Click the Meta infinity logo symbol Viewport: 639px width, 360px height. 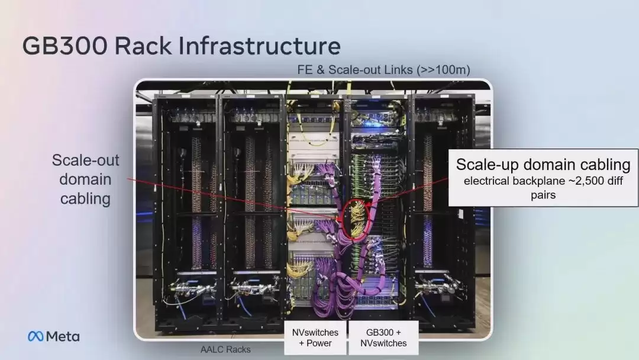pos(35,336)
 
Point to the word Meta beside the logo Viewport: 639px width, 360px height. pos(63,336)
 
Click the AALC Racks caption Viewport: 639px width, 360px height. pos(225,349)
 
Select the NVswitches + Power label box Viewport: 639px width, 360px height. pos(315,337)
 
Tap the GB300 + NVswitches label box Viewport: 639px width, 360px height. pos(383,337)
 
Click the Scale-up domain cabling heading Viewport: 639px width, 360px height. pos(543,164)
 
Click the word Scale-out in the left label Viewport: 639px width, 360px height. pos(86,160)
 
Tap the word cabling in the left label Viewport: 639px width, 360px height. pos(86,199)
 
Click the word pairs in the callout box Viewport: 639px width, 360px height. pos(543,195)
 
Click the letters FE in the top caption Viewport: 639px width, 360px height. pos(305,70)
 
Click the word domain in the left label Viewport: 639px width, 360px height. pos(86,179)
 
